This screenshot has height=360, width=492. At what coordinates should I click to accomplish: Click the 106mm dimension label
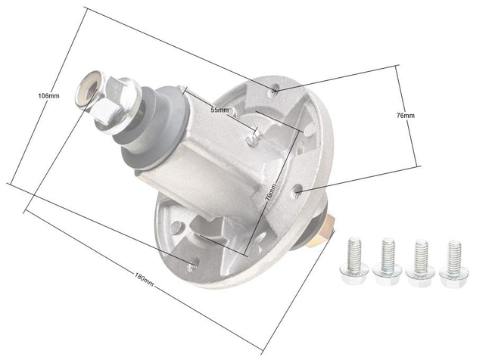pos(48,96)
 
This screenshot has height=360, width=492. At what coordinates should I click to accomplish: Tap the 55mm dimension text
pos(220,110)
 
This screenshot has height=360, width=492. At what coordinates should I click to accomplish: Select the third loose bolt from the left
pos(420,260)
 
